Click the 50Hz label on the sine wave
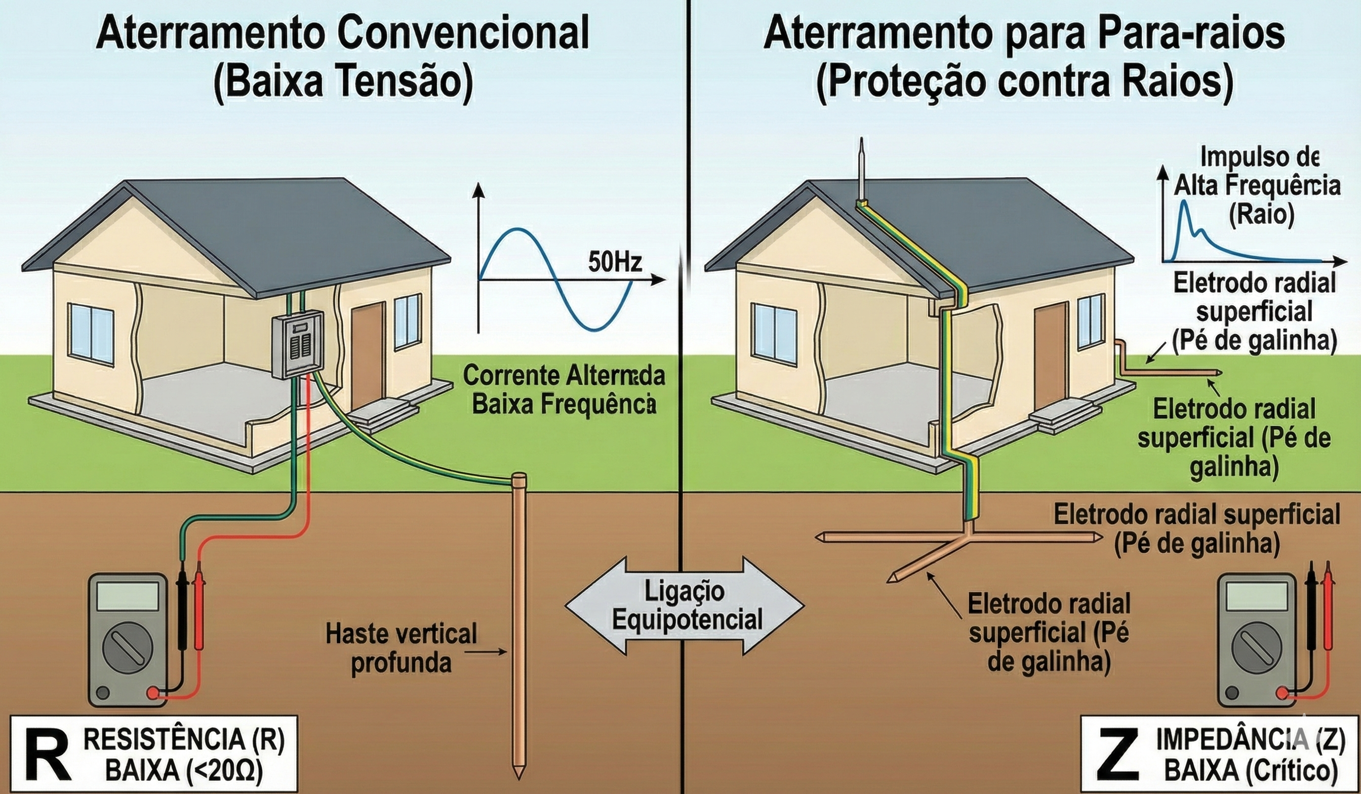615,263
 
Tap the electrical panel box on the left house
297,345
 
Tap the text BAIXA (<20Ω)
184,772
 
